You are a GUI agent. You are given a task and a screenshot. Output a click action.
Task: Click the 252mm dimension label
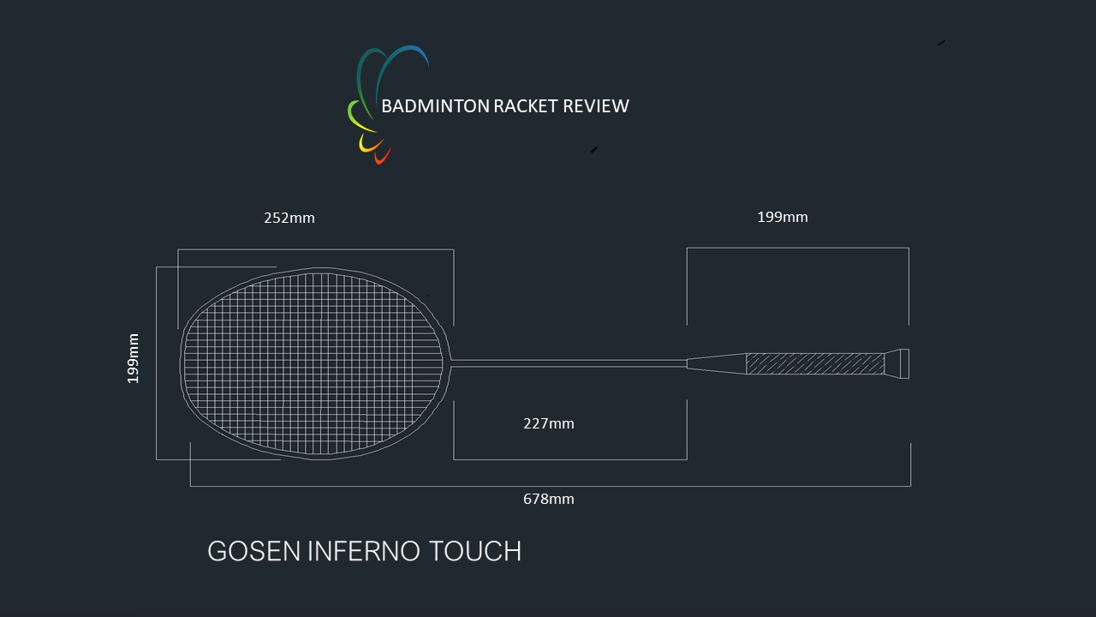click(289, 218)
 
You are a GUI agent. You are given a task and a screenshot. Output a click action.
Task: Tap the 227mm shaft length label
click(549, 423)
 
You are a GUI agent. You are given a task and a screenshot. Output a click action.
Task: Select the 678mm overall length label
click(549, 499)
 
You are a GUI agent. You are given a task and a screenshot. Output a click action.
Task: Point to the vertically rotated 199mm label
click(133, 358)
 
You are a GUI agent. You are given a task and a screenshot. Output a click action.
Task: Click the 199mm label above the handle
click(783, 217)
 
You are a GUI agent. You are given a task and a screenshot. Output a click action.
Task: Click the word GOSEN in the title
click(254, 551)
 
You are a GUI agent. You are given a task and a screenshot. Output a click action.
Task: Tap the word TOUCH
click(475, 551)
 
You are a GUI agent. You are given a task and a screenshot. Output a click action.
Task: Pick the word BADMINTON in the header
click(435, 106)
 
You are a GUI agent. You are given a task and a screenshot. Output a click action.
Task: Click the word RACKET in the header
click(526, 106)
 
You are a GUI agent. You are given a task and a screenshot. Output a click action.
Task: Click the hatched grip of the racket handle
click(815, 364)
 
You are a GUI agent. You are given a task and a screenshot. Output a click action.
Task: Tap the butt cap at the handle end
click(897, 364)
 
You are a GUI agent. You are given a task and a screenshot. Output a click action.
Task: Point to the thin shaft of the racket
click(569, 363)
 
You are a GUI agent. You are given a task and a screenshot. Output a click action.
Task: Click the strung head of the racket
click(315, 363)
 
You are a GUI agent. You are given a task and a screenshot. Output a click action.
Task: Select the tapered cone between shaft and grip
click(717, 364)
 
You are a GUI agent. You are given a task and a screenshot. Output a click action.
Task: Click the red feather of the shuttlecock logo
click(382, 156)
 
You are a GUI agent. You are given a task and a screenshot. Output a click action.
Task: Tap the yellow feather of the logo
click(369, 143)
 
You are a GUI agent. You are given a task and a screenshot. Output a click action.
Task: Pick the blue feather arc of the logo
click(402, 74)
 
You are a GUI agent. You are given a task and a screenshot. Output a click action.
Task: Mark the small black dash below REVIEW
click(594, 150)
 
